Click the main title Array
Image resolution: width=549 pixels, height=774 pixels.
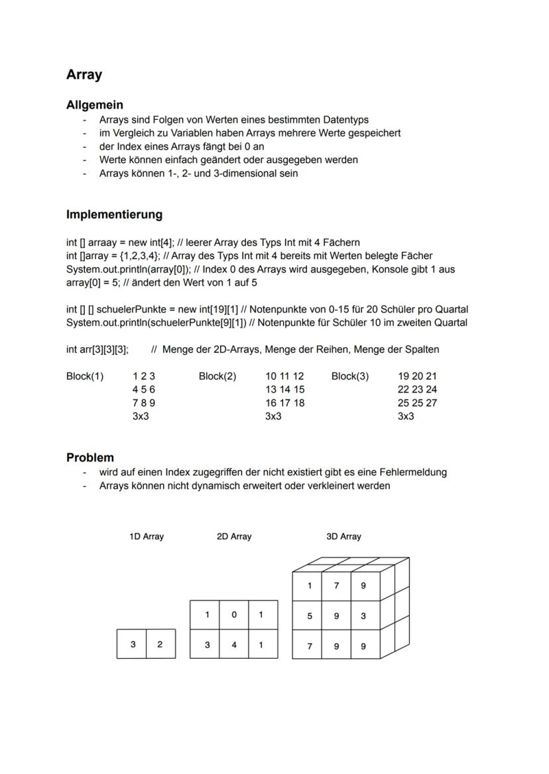(84, 75)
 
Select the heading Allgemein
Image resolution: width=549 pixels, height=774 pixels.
(95, 105)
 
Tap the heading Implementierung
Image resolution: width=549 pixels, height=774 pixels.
(114, 215)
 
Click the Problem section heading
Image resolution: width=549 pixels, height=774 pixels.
(90, 458)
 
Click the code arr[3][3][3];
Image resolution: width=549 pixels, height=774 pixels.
(97, 350)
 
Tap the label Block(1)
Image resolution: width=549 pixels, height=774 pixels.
(85, 376)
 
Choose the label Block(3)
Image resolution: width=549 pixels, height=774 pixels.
(350, 376)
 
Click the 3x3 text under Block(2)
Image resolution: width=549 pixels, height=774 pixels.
(273, 416)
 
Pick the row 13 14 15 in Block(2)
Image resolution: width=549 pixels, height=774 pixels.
(284, 389)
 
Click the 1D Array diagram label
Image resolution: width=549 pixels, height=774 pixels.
(147, 536)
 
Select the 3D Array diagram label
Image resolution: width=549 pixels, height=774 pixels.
(343, 536)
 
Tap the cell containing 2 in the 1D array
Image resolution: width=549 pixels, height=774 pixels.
(160, 644)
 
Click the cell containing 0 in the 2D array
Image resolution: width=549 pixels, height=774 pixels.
(234, 614)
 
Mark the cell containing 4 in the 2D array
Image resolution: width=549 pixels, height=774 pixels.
(234, 644)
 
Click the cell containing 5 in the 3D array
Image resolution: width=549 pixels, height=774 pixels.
(309, 616)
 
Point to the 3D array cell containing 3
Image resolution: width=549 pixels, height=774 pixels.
(363, 616)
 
